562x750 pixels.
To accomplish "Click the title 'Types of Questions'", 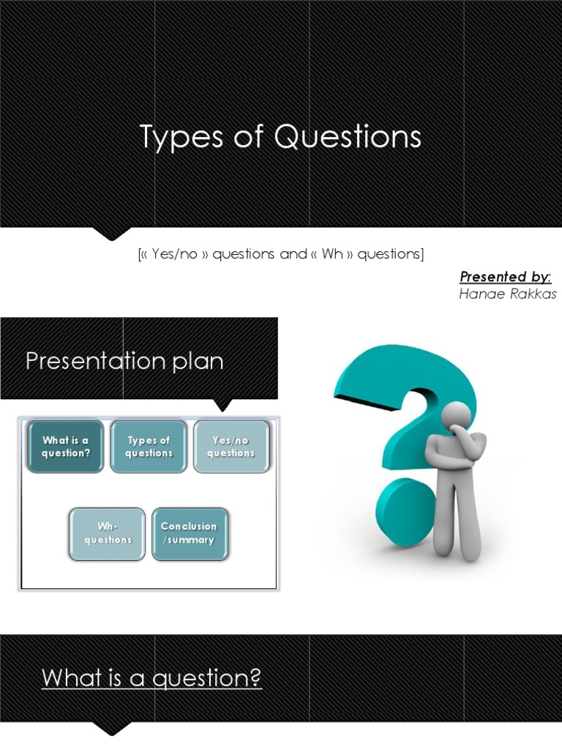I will click(x=280, y=138).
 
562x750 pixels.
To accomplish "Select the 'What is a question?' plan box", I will click(x=66, y=447).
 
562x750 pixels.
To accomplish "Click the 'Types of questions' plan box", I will click(x=149, y=447).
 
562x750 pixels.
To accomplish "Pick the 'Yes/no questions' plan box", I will click(x=231, y=447).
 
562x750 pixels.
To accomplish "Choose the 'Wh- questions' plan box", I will click(x=108, y=533).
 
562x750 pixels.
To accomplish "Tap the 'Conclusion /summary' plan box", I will click(x=190, y=533).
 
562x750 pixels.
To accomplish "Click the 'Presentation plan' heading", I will click(x=124, y=361).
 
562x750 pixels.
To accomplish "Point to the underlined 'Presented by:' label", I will click(x=505, y=277).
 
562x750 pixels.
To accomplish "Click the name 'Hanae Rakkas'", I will click(x=508, y=294).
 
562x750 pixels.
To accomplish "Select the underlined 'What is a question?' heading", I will click(x=151, y=678).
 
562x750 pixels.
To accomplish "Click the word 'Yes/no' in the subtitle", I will click(x=174, y=255).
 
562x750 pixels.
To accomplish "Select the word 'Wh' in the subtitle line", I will click(x=332, y=255).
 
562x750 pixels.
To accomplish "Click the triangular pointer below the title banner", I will click(x=111, y=234).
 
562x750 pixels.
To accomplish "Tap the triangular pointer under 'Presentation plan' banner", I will click(x=222, y=405).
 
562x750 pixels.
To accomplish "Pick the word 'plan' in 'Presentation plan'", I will click(x=198, y=361).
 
